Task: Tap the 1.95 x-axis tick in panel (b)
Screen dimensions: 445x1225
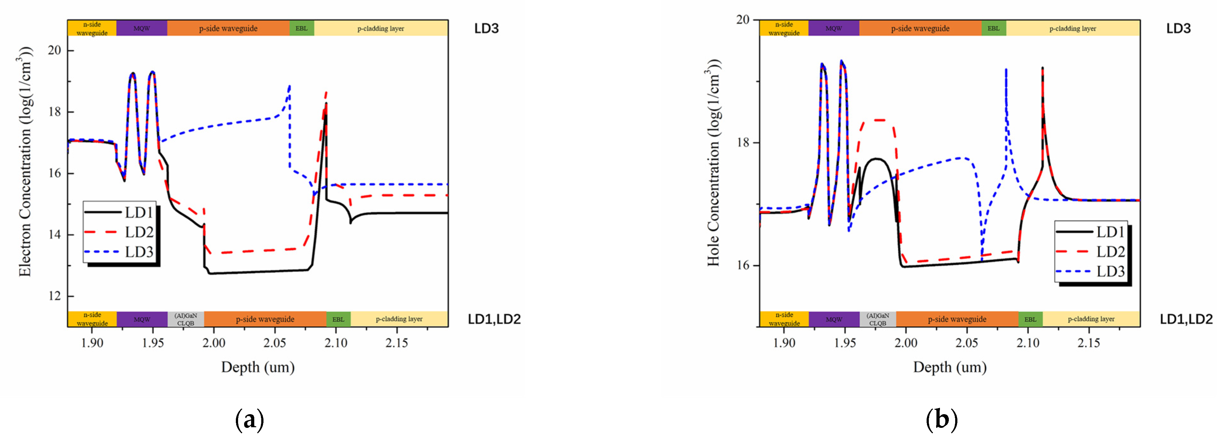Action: [x=845, y=343]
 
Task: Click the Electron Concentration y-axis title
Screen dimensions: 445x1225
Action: [x=25, y=162]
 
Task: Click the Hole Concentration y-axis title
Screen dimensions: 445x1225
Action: [x=713, y=162]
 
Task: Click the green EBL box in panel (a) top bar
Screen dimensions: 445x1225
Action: [x=302, y=28]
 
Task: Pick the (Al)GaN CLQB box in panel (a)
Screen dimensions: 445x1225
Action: [x=185, y=319]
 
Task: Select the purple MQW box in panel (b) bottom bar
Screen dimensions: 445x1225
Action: [x=834, y=319]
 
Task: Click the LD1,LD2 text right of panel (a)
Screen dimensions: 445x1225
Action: [x=494, y=319]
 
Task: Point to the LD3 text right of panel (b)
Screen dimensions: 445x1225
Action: [x=1178, y=28]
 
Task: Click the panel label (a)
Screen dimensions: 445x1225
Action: [x=249, y=420]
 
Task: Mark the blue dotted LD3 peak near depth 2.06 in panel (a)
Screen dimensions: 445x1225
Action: [x=289, y=87]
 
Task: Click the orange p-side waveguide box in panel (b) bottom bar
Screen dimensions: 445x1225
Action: [x=957, y=319]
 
